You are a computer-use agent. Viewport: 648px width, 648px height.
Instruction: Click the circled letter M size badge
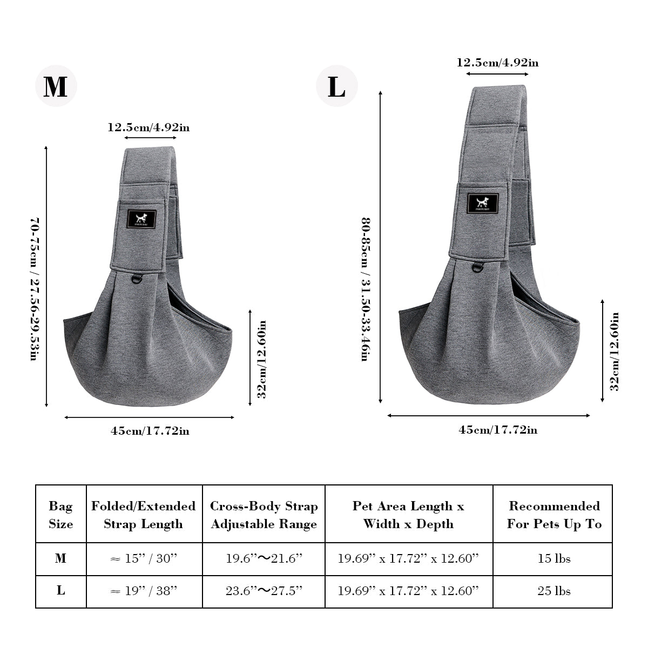point(56,86)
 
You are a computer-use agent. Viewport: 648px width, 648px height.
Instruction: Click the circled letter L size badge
point(336,86)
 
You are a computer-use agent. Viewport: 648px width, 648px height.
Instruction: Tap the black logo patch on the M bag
point(141,219)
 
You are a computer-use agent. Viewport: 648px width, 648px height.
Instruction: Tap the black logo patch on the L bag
point(483,203)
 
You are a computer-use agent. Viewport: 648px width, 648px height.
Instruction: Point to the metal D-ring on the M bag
point(137,279)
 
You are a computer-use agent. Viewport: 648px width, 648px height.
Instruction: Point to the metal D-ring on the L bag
point(478,267)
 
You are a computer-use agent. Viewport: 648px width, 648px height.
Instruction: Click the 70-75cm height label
point(35,289)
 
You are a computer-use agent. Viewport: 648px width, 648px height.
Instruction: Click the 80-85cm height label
point(366,289)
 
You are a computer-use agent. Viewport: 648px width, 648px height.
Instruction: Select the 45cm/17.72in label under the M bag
point(150,431)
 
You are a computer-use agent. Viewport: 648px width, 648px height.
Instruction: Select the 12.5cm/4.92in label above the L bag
point(497,63)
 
